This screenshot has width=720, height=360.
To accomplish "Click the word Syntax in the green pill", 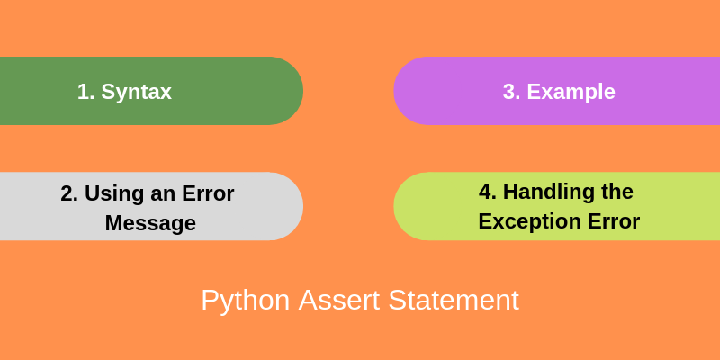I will [x=136, y=92].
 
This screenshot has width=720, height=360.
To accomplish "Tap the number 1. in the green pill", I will [x=85, y=92].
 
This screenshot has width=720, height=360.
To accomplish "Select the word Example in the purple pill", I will [x=571, y=92].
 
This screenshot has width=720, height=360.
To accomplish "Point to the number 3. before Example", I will [x=511, y=92].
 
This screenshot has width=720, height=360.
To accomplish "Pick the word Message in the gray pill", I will [x=150, y=223].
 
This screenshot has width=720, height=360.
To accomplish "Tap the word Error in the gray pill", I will [x=207, y=193].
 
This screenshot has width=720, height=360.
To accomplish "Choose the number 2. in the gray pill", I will [x=69, y=193].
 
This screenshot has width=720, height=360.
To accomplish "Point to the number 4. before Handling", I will [x=487, y=192].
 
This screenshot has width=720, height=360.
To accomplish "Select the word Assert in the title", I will [x=340, y=301].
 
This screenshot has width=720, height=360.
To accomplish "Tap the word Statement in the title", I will [x=454, y=301].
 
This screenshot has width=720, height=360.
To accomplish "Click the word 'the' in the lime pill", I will [x=616, y=192].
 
